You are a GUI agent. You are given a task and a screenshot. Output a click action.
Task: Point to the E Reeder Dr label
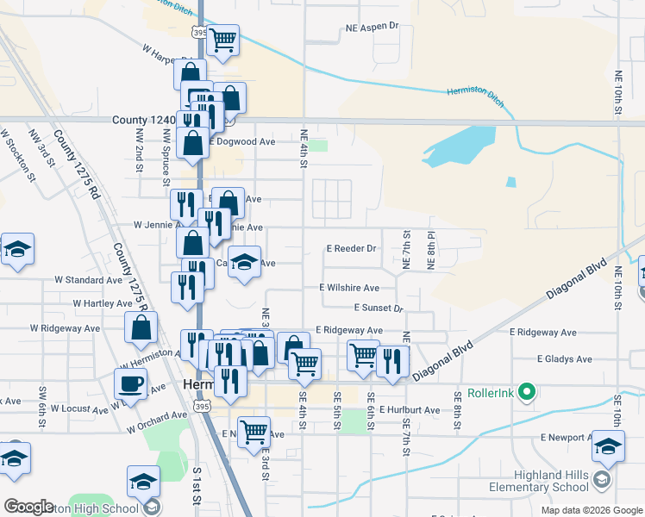(352, 248)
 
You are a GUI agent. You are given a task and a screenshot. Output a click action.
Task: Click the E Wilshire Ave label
(349, 288)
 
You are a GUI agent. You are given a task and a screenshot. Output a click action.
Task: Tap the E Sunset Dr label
(378, 308)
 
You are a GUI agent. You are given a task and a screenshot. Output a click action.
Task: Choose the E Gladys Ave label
(565, 358)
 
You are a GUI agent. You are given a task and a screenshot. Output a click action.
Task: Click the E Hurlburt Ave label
(409, 410)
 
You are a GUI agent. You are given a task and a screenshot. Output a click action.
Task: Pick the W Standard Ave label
(89, 280)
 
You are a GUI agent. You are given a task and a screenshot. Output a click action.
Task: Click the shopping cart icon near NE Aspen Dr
(223, 40)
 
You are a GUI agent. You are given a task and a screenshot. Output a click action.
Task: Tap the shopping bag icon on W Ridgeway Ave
(141, 328)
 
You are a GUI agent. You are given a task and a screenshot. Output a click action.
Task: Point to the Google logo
(28, 507)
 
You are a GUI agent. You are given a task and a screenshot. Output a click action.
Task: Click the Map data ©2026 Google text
(591, 510)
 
